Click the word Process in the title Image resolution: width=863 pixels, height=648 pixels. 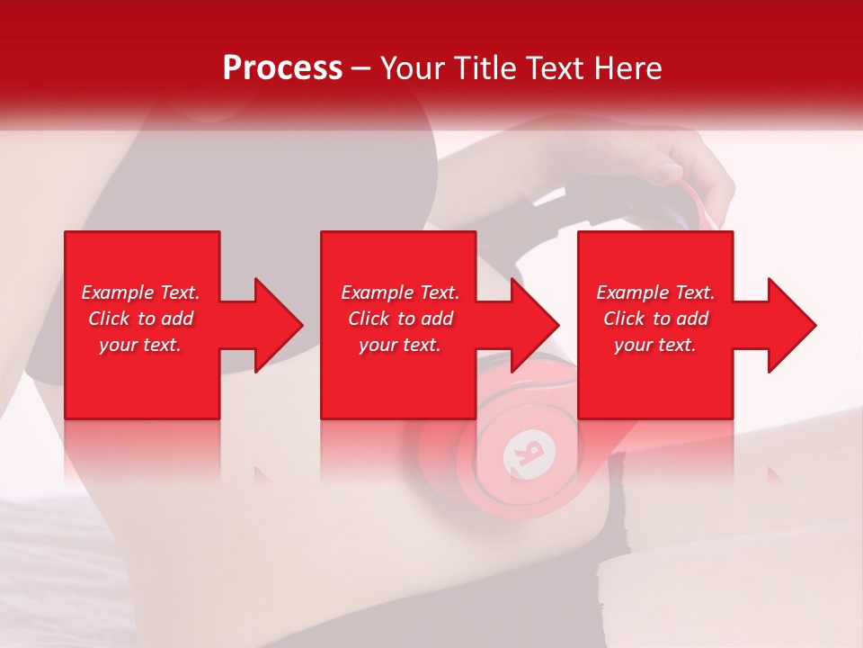point(282,68)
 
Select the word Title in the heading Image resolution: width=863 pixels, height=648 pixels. point(485,68)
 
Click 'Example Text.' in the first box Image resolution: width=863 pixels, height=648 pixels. point(140,292)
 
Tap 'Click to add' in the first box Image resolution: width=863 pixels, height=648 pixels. point(140,319)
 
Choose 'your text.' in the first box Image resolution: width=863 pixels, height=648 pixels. point(140,345)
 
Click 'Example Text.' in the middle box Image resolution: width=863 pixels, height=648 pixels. point(400,292)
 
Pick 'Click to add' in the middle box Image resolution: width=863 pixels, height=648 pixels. point(400,319)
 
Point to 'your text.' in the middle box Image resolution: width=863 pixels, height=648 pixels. point(400,345)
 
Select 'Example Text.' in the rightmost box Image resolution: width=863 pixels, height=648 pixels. point(655,292)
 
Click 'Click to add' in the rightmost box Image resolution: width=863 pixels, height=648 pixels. point(655,319)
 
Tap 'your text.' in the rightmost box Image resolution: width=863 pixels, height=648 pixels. point(655,345)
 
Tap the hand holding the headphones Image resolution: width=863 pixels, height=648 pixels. point(692,166)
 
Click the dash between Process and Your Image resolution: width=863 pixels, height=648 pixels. point(360,68)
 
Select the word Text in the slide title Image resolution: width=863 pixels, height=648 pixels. point(556,68)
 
